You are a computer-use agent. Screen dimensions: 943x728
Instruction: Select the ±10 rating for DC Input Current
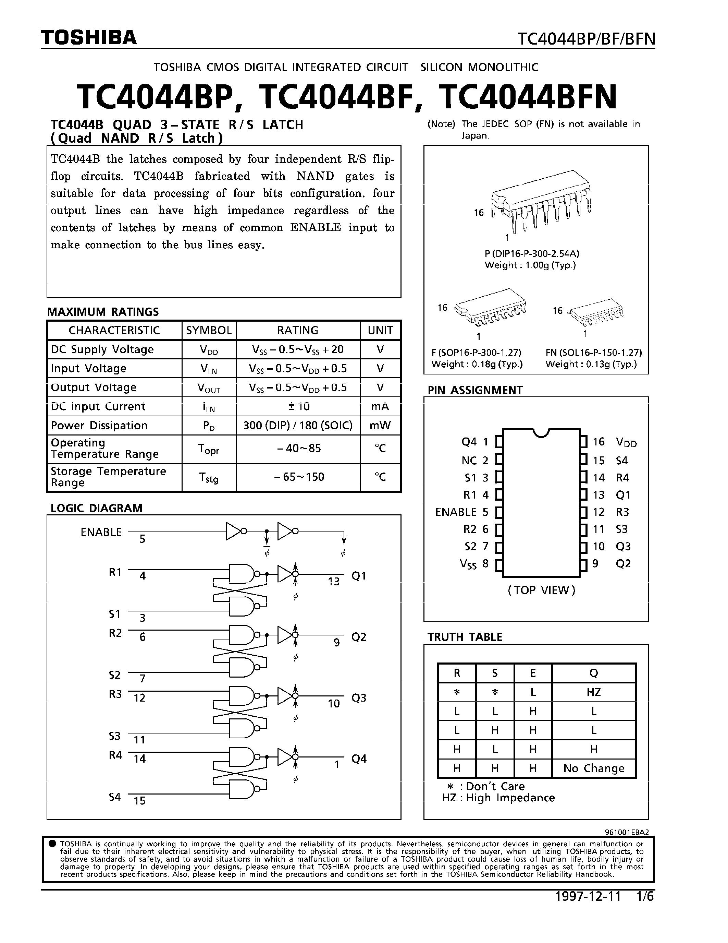coord(298,406)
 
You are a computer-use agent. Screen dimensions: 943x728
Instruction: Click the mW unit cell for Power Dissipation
coord(380,425)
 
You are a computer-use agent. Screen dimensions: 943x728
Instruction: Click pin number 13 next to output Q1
coord(333,582)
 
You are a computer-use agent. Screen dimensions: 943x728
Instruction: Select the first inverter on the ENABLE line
coord(235,531)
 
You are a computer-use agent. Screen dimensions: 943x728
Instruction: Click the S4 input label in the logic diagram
coord(115,797)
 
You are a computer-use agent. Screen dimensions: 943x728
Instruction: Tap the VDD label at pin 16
coord(626,442)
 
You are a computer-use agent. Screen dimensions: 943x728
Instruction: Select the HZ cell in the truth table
coord(593,692)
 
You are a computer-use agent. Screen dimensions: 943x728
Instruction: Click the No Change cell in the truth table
coord(593,768)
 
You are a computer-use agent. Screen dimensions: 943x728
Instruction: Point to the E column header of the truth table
coord(533,673)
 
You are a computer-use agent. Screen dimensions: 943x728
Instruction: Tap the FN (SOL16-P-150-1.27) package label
coord(593,352)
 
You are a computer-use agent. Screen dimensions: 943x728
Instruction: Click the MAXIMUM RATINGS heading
coord(103,312)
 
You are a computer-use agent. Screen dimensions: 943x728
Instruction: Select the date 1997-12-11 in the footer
coord(588,897)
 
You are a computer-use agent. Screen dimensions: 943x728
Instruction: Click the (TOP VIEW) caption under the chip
coord(541,590)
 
